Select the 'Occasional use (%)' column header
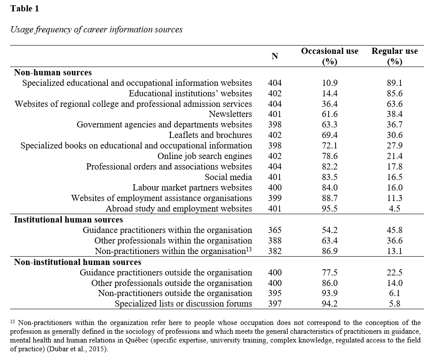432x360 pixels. (x=329, y=56)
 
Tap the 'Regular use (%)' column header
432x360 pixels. (x=394, y=56)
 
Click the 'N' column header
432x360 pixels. (x=275, y=56)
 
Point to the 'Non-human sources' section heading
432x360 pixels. (x=53, y=73)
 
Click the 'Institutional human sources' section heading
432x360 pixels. (x=68, y=219)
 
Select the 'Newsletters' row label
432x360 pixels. (x=230, y=114)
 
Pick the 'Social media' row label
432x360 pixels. (x=228, y=177)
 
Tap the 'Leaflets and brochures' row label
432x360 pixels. (x=210, y=135)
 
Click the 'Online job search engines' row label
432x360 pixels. (x=205, y=156)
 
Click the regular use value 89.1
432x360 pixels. (x=394, y=83)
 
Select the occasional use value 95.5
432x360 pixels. (x=329, y=209)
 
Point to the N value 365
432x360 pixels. (x=275, y=230)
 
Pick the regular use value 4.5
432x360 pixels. (x=394, y=209)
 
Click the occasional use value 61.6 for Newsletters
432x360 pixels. (x=329, y=114)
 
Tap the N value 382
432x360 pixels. (x=275, y=251)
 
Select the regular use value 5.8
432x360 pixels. (x=394, y=304)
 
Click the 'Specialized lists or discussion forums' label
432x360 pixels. (x=183, y=304)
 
